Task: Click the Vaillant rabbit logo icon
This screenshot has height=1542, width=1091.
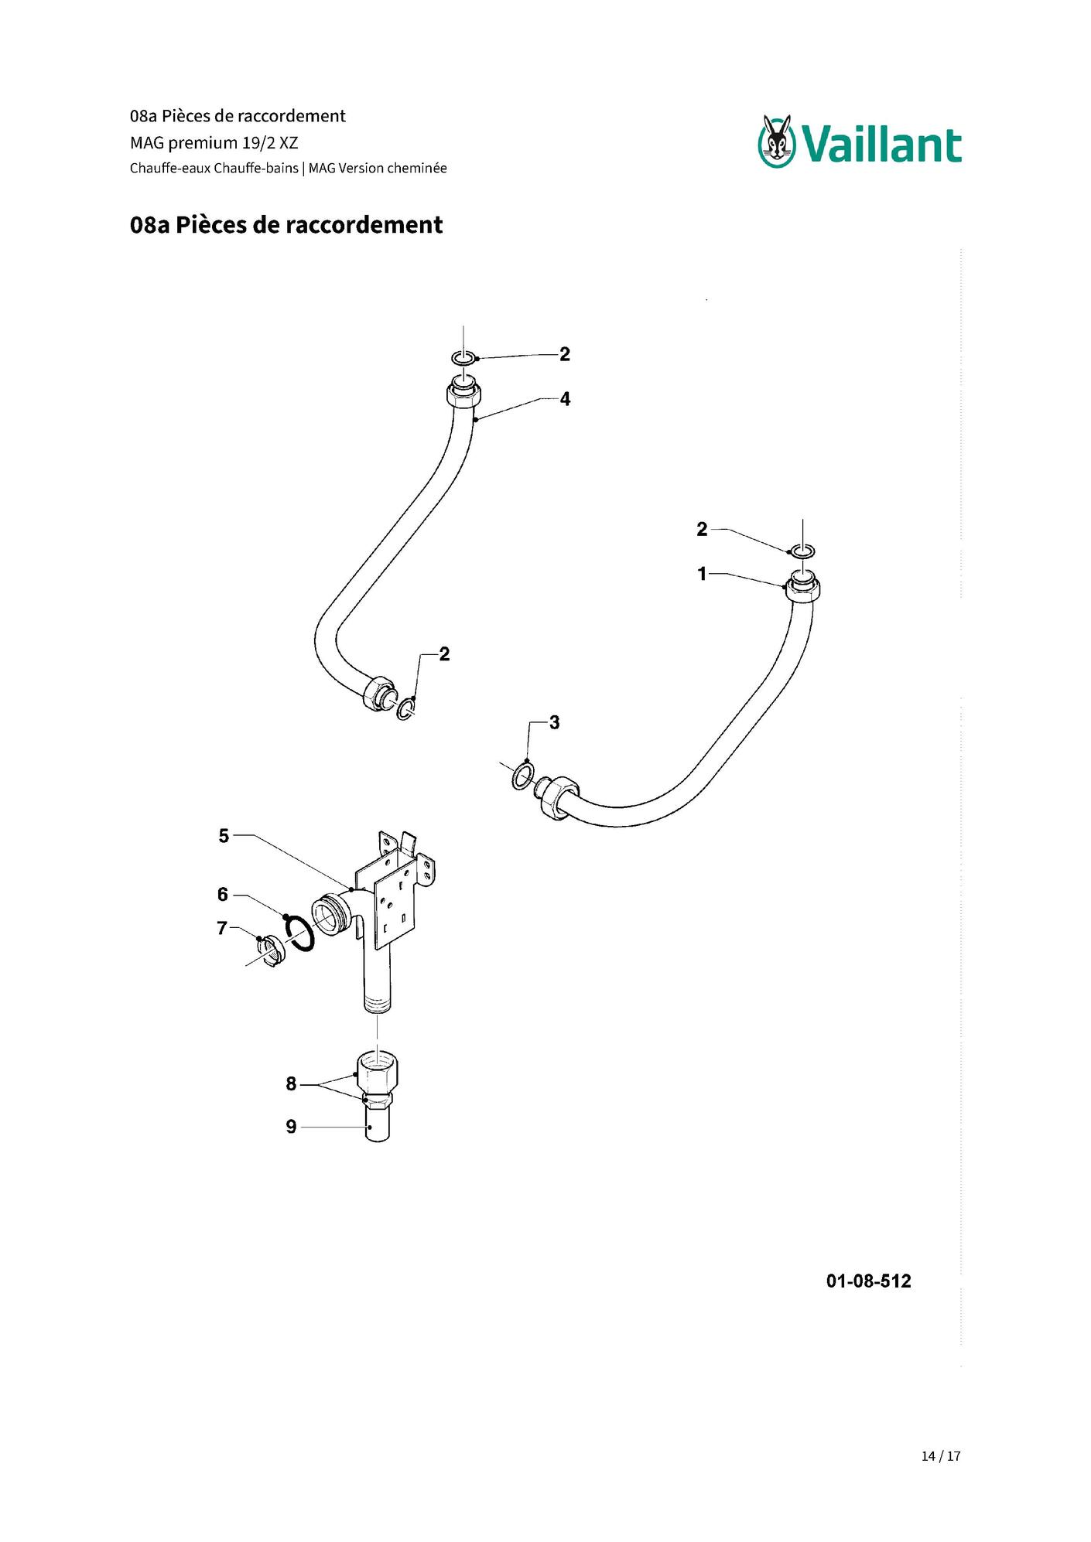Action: click(777, 141)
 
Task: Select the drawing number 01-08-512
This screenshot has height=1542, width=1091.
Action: click(868, 1281)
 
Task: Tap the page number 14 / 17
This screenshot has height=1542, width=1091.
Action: click(940, 1455)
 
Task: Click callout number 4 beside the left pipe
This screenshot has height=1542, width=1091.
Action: click(565, 399)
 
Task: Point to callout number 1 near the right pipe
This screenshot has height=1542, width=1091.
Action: click(702, 574)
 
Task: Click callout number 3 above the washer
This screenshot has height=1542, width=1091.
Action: click(554, 722)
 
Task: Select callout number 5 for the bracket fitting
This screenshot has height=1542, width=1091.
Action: click(224, 836)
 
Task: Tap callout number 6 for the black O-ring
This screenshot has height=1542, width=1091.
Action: click(223, 895)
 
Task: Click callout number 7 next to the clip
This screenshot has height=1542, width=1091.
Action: click(222, 928)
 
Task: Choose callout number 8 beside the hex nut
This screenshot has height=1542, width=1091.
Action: click(291, 1084)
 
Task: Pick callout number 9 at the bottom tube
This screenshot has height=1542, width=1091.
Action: click(291, 1127)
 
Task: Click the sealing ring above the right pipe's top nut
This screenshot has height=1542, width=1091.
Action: click(802, 550)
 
